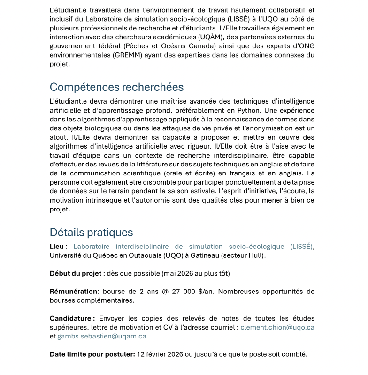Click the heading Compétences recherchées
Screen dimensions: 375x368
(116, 87)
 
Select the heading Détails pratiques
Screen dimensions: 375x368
(91, 232)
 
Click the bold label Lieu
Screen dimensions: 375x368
(56, 247)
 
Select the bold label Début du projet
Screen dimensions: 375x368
(75, 273)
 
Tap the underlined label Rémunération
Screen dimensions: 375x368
(73, 292)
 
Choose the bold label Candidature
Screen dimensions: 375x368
(72, 318)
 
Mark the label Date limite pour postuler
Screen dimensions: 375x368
(92, 354)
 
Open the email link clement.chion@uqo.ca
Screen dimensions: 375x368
(277, 327)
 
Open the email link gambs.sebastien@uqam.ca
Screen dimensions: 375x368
(101, 336)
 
